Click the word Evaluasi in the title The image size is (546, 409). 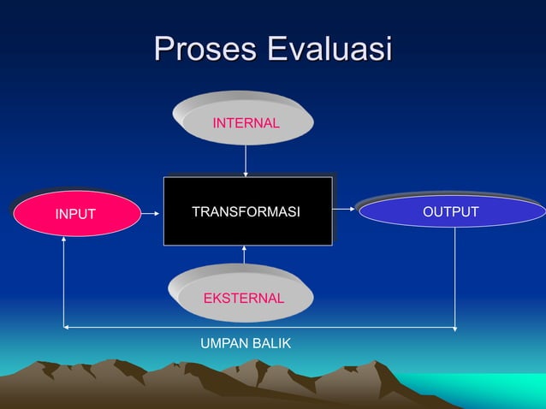(329, 49)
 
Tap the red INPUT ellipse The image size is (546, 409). (75, 213)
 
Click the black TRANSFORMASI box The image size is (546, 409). (247, 211)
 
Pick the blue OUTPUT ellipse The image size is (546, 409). (452, 211)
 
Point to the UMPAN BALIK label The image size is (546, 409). (246, 343)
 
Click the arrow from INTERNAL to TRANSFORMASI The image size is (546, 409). (246, 160)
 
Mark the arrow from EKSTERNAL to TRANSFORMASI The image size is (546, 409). (245, 255)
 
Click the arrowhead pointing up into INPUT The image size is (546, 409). (63, 240)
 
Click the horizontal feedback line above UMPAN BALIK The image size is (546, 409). (257, 328)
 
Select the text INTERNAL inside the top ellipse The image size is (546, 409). (246, 123)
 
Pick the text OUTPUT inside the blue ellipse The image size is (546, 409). (452, 211)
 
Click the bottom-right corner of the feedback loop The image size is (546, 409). (455, 328)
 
